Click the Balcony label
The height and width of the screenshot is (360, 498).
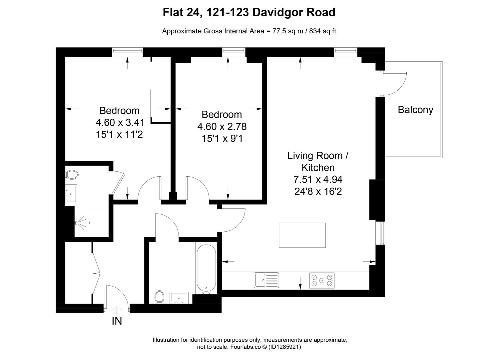point(415,110)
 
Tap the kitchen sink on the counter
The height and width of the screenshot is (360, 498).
point(266,280)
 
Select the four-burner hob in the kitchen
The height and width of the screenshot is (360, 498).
point(321,280)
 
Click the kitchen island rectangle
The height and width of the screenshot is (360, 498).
point(302,235)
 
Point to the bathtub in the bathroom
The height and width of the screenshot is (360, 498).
point(206,269)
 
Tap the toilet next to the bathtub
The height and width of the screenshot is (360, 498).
point(160,297)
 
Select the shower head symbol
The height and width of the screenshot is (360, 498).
point(80,222)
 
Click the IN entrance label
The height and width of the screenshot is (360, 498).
point(117,321)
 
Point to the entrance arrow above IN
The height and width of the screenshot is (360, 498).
point(117,309)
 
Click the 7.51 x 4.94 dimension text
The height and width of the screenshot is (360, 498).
point(318,180)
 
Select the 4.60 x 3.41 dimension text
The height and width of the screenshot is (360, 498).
point(120,123)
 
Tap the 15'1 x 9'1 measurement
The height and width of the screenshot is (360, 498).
point(222,138)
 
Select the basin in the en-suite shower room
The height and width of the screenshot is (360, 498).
point(71,194)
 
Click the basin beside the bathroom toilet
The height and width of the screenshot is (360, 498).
point(179,297)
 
